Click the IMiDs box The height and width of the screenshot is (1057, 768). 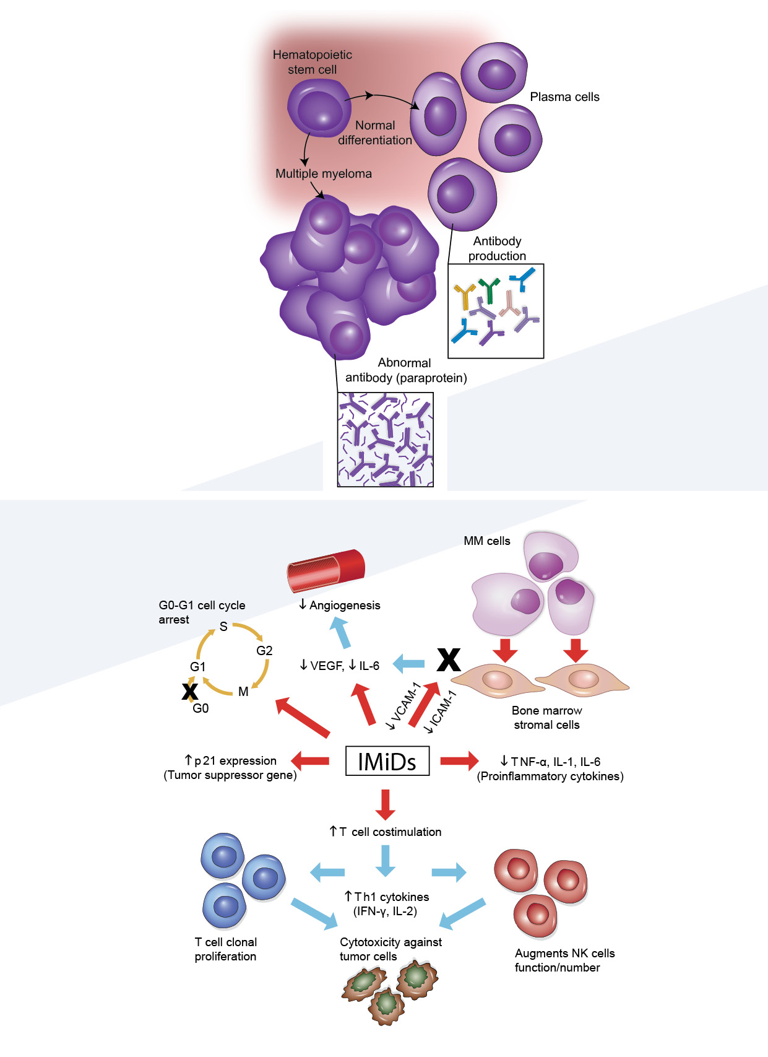pyautogui.click(x=387, y=762)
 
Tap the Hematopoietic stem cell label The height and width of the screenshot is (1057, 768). pyautogui.click(x=313, y=62)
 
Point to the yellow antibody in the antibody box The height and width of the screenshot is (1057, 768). pyautogui.click(x=464, y=295)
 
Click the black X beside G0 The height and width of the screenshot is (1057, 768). pyautogui.click(x=189, y=691)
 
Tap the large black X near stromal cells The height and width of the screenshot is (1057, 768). pyautogui.click(x=449, y=660)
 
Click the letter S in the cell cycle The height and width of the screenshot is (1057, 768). pyautogui.click(x=223, y=627)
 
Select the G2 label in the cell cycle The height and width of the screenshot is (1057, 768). pyautogui.click(x=264, y=651)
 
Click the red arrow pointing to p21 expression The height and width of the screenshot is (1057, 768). pyautogui.click(x=310, y=760)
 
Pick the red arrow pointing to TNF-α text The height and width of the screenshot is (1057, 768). pyautogui.click(x=459, y=760)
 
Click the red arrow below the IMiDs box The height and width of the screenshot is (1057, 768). pyautogui.click(x=386, y=804)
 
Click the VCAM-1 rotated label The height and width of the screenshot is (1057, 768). pyautogui.click(x=403, y=706)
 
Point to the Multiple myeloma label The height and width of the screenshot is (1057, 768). pyautogui.click(x=324, y=174)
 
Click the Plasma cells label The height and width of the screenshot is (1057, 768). pyautogui.click(x=564, y=97)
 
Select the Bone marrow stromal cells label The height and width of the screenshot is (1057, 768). pyautogui.click(x=546, y=718)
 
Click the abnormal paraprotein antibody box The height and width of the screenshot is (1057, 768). pyautogui.click(x=385, y=440)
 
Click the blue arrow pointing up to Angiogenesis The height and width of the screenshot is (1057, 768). pyautogui.click(x=340, y=632)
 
